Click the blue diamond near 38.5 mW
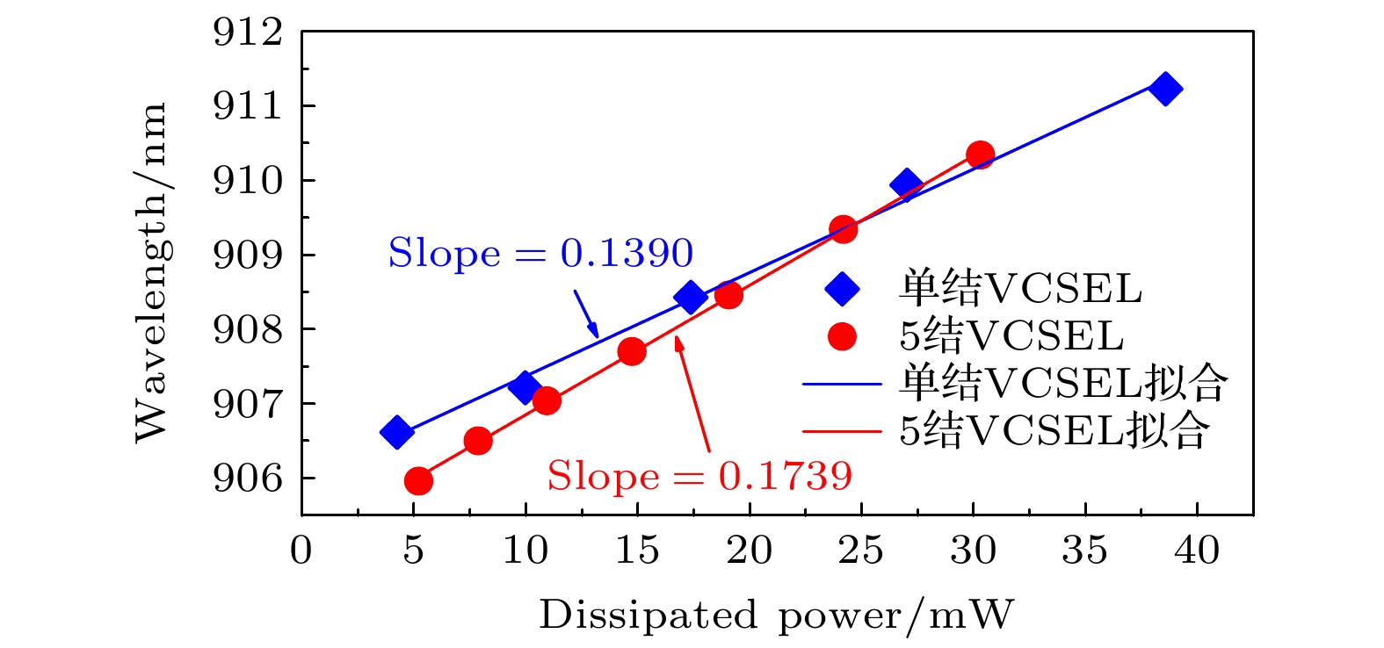pyautogui.click(x=1164, y=89)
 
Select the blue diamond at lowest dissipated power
pyautogui.click(x=397, y=432)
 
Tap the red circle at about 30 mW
pyautogui.click(x=980, y=155)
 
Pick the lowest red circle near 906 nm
pyautogui.click(x=418, y=480)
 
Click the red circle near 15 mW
pyautogui.click(x=632, y=352)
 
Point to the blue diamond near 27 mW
pyautogui.click(x=906, y=184)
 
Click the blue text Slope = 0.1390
pyautogui.click(x=540, y=254)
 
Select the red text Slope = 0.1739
pyautogui.click(x=699, y=476)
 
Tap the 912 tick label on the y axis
pyautogui.click(x=248, y=32)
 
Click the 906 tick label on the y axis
pyautogui.click(x=248, y=479)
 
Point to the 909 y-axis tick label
pyautogui.click(x=248, y=256)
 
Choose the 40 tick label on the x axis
pyautogui.click(x=1197, y=551)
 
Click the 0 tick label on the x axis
pyautogui.click(x=301, y=551)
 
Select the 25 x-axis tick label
pyautogui.click(x=861, y=551)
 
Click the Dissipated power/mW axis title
pyautogui.click(x=776, y=615)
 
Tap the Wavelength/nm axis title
pyautogui.click(x=150, y=272)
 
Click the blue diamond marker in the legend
pyautogui.click(x=842, y=289)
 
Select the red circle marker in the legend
pyautogui.click(x=842, y=336)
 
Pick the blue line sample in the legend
pyautogui.click(x=842, y=384)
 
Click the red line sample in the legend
pyautogui.click(x=842, y=431)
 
